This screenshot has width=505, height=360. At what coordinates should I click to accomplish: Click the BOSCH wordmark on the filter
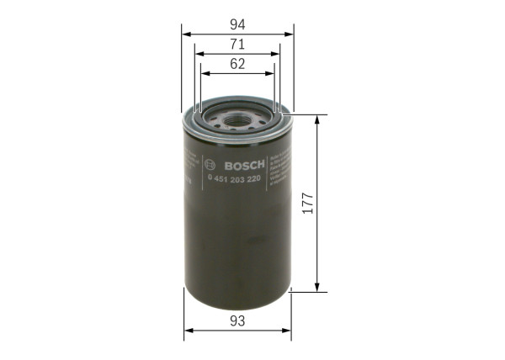tap(243, 163)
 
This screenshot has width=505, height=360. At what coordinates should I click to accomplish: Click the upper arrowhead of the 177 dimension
tap(317, 119)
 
